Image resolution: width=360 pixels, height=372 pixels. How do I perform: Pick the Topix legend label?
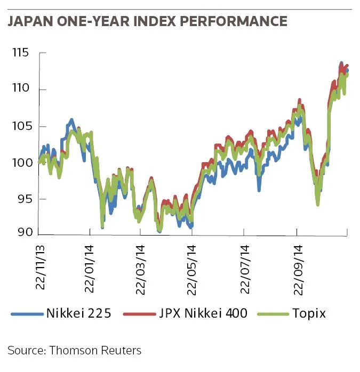point(308,313)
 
